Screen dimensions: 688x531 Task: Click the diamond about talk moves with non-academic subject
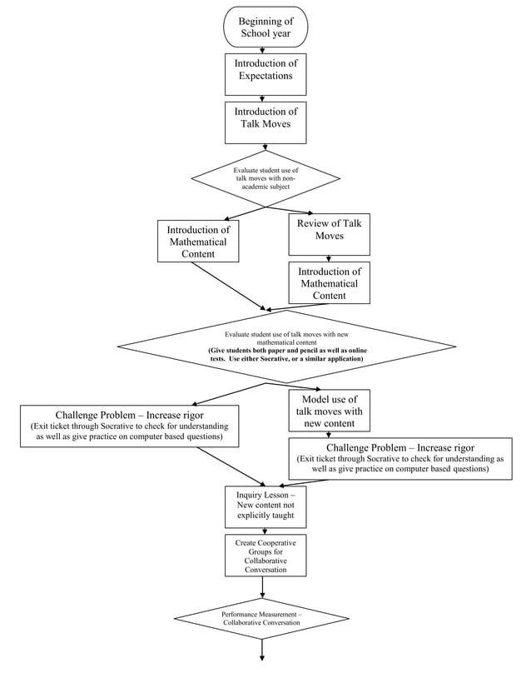coord(265,178)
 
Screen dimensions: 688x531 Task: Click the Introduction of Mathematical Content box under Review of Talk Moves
coord(329,283)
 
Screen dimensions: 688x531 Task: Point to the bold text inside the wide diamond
coord(286,355)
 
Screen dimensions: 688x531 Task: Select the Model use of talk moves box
coord(329,411)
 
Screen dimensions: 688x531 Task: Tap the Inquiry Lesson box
coord(261,506)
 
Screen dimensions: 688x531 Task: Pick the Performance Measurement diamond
coord(261,618)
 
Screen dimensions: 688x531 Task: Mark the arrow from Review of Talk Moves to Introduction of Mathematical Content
coord(329,258)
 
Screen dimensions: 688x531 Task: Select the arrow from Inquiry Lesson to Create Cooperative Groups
coord(263,531)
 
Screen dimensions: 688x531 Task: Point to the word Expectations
coord(265,77)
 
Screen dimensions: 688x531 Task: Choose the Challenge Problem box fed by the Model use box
coord(400,458)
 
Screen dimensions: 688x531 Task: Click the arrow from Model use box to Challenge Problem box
coord(329,434)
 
